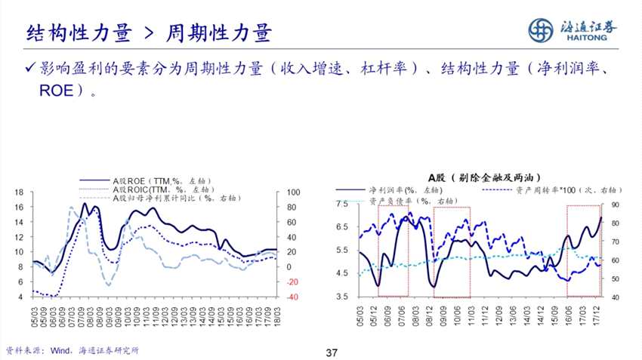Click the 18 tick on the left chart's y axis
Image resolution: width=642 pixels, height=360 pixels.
coord(17,192)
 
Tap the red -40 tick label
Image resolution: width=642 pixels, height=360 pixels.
coord(292,297)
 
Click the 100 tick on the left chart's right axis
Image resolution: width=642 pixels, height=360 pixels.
coord(294,192)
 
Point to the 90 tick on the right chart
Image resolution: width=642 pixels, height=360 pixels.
coord(613,205)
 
